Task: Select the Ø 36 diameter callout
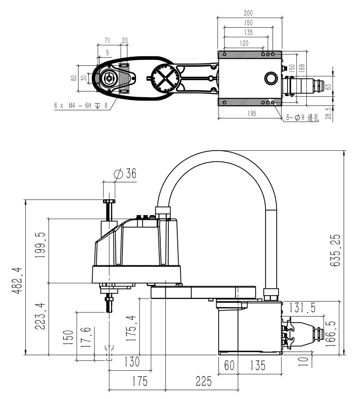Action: click(126, 174)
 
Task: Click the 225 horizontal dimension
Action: click(203, 381)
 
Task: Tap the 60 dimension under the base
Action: click(229, 365)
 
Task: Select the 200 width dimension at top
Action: click(248, 13)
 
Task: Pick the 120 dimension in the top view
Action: click(243, 43)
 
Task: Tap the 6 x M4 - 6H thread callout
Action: click(81, 105)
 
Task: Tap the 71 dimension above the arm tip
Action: click(108, 40)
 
